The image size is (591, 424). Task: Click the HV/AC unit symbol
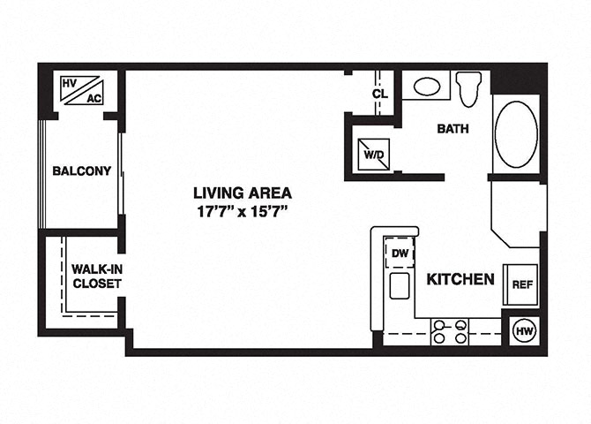(x=82, y=91)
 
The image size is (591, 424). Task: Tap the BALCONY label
(x=82, y=171)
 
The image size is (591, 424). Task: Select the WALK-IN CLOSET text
(x=97, y=276)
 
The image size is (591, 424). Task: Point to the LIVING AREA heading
(x=243, y=193)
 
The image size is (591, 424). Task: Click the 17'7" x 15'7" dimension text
(x=243, y=211)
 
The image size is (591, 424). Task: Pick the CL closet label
(x=380, y=94)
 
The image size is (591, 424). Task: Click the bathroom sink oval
(x=427, y=87)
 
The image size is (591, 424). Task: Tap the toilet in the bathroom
(x=468, y=89)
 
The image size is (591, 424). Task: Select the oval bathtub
(x=516, y=134)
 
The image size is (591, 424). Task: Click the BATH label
(x=453, y=129)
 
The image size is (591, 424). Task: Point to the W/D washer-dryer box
(x=373, y=154)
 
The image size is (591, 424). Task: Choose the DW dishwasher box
(x=400, y=253)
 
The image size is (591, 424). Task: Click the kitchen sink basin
(x=400, y=286)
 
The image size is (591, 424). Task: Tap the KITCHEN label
(x=460, y=279)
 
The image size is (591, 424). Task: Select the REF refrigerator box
(x=521, y=284)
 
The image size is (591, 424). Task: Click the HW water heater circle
(x=525, y=331)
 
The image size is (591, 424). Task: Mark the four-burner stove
(x=450, y=331)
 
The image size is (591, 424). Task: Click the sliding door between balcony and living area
(x=122, y=174)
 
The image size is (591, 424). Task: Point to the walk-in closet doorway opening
(x=122, y=276)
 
